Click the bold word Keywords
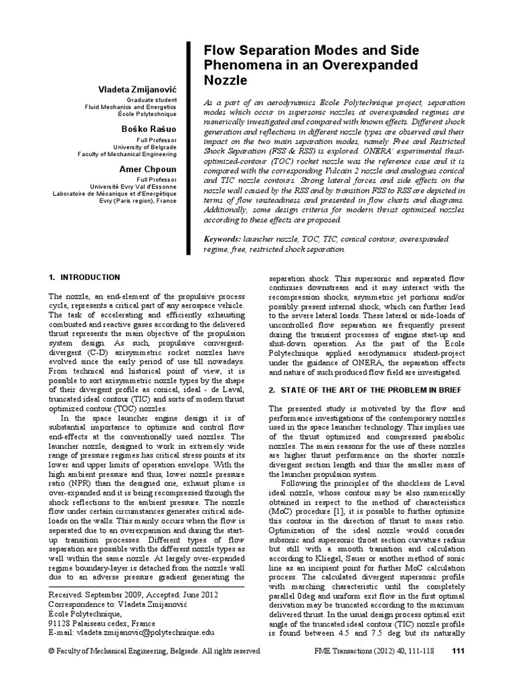pos(222,238)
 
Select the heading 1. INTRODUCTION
pos(85,277)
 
